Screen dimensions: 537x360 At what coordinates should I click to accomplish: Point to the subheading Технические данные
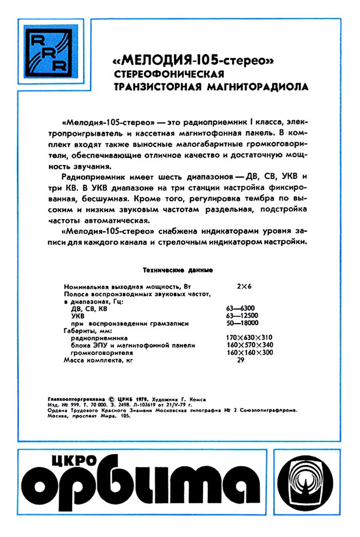click(177, 270)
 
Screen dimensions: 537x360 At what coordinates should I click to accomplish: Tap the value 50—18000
click(243, 323)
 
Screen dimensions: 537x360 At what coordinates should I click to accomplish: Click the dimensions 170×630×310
click(250, 338)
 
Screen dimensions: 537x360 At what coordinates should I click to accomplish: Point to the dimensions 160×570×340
click(250, 345)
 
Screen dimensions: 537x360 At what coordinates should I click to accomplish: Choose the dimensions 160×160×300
click(250, 353)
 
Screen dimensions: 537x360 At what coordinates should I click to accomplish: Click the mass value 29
click(241, 360)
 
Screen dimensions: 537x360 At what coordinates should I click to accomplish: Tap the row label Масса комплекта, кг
click(99, 360)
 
